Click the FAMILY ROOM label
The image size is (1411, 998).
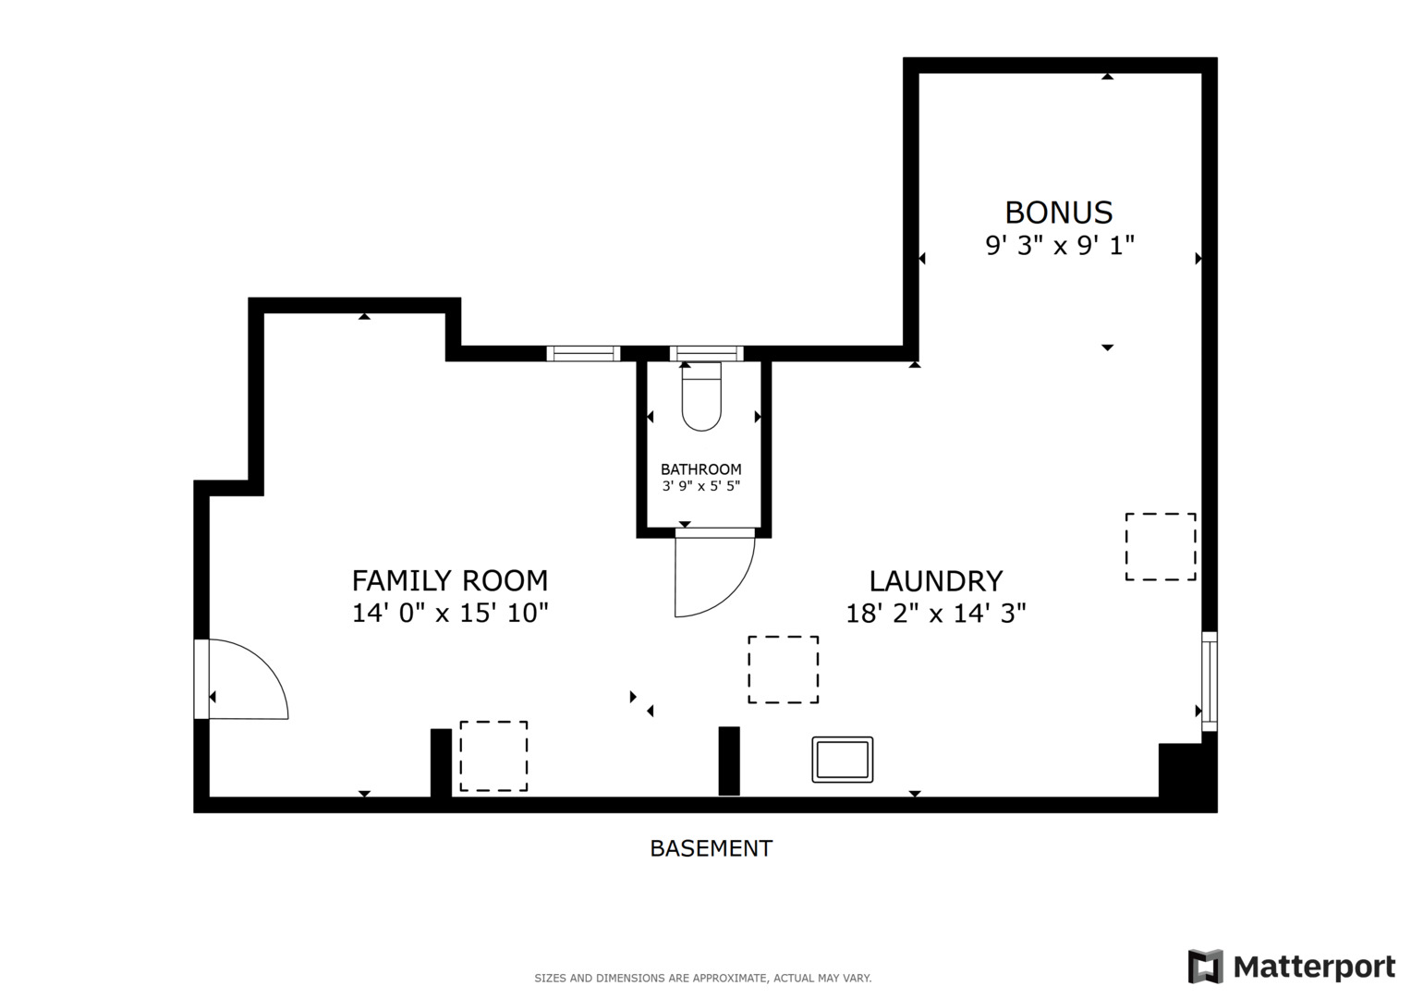[x=449, y=580]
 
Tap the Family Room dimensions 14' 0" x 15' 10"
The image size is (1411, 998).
[x=449, y=613]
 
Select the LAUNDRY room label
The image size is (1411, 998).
[x=935, y=580]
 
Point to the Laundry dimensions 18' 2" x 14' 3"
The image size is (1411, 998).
[x=935, y=613]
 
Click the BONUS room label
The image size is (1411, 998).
[x=1058, y=213]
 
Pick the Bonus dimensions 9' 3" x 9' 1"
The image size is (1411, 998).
[x=1059, y=246]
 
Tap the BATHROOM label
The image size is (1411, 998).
[x=700, y=469]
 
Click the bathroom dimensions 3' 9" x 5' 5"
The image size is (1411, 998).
[x=700, y=486]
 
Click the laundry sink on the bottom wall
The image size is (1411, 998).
[x=842, y=760]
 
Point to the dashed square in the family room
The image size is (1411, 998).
[x=493, y=756]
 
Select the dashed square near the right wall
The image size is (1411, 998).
[x=1160, y=547]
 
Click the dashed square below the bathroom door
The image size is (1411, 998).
[x=783, y=670]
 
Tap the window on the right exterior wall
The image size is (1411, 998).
[x=1209, y=681]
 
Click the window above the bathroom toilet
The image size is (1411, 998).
[x=706, y=353]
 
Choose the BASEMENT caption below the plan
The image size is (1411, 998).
[x=711, y=848]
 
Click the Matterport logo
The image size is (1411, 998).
[x=1291, y=968]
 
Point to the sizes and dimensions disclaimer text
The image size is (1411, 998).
[x=702, y=978]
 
